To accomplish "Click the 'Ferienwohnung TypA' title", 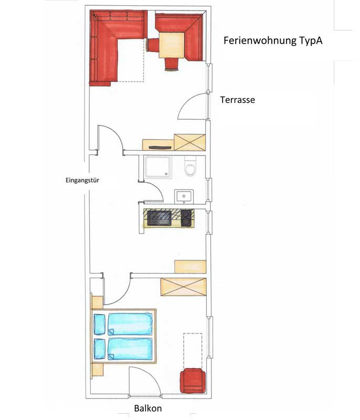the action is click(273, 41).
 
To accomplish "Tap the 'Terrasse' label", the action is click(237, 100).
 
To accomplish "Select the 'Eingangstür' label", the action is click(82, 180).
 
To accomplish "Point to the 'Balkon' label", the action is click(148, 408).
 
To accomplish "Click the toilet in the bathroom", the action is click(190, 166).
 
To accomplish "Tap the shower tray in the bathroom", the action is click(157, 167).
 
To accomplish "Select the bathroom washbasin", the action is click(184, 196).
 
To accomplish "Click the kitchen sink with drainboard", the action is click(159, 218).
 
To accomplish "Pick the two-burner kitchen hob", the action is click(186, 218).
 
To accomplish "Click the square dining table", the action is click(172, 45).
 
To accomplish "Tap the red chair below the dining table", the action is click(172, 64).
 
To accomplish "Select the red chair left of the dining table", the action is click(153, 45).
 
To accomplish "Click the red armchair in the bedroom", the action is click(193, 381).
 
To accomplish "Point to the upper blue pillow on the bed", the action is click(100, 324).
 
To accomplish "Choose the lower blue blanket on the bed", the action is click(130, 349).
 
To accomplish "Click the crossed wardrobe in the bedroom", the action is click(183, 287).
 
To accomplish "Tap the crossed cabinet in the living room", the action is click(190, 142).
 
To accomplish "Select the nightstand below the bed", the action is click(98, 370).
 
